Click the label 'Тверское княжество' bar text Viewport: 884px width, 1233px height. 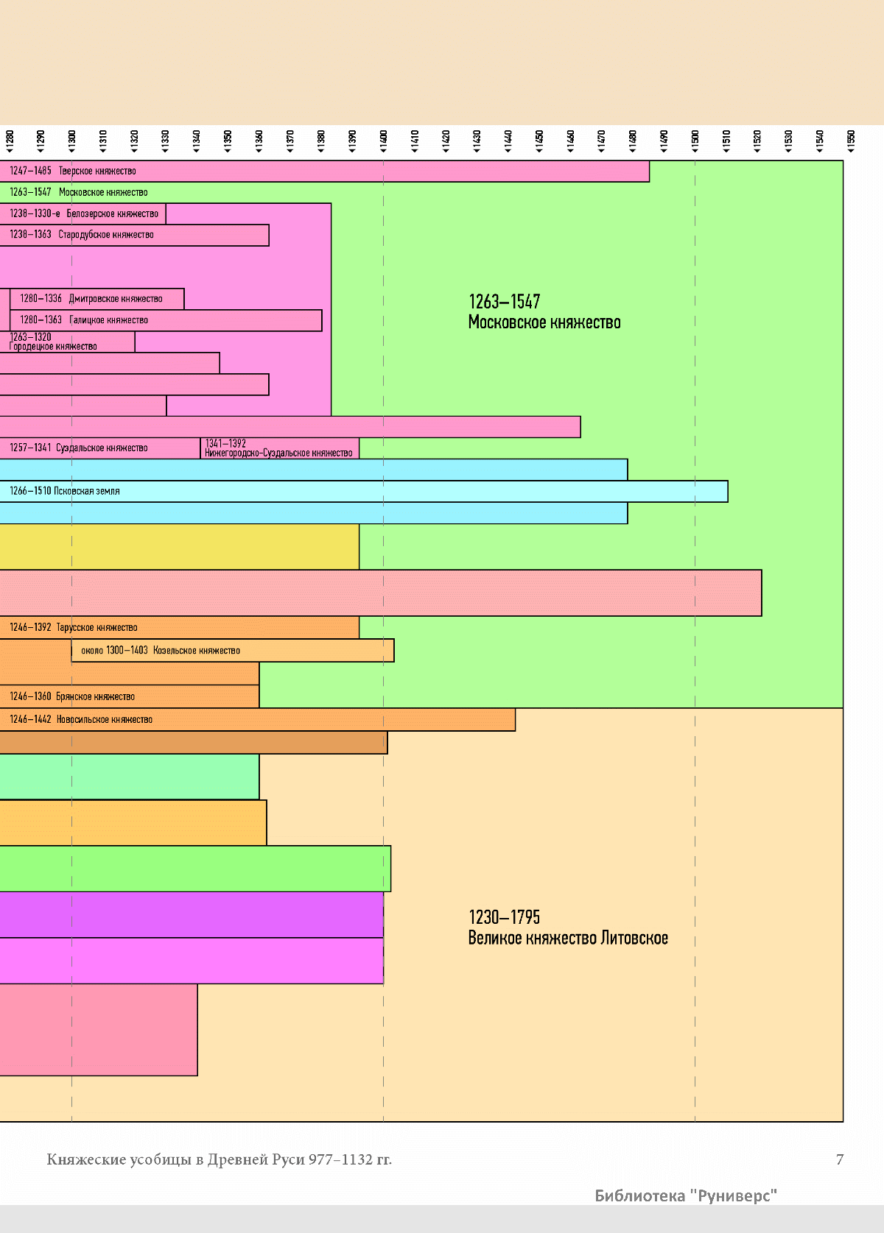tap(97, 172)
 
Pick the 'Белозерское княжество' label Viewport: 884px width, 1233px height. tap(112, 214)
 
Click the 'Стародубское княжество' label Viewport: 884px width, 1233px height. tap(106, 235)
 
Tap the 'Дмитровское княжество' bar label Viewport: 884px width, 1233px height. tap(116, 299)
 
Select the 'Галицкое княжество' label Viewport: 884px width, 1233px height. tap(108, 320)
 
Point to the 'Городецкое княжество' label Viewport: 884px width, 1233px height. tap(53, 347)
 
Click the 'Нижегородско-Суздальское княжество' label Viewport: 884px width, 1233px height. tap(278, 453)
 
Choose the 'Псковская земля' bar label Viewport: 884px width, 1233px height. tap(86, 491)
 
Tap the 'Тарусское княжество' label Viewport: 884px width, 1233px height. tap(97, 628)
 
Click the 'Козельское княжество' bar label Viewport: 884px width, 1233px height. tap(197, 651)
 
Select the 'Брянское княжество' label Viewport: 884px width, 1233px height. tap(95, 696)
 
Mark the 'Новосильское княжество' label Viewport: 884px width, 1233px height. tap(105, 720)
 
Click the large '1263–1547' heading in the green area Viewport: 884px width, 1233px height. tap(505, 302)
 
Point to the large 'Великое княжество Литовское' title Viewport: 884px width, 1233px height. tap(568, 939)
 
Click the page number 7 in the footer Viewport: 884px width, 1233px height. tap(840, 1159)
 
